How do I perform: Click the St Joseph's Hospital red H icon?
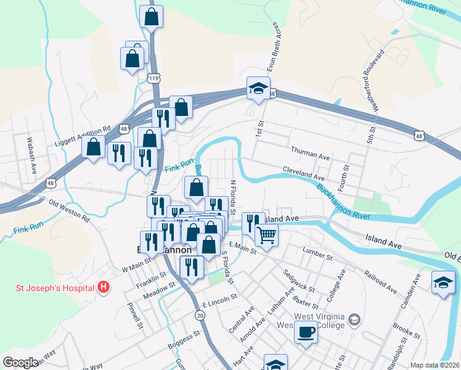(x=104, y=287)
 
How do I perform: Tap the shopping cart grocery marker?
(x=266, y=234)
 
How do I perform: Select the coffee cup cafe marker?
(x=305, y=332)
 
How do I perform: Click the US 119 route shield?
(x=154, y=78)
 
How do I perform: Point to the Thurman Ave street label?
(x=311, y=154)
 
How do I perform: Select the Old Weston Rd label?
(x=69, y=210)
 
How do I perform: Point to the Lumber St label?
(x=317, y=252)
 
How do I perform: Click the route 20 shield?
(x=199, y=314)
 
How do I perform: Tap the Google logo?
(x=20, y=362)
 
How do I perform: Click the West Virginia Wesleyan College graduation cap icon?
(x=354, y=319)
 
